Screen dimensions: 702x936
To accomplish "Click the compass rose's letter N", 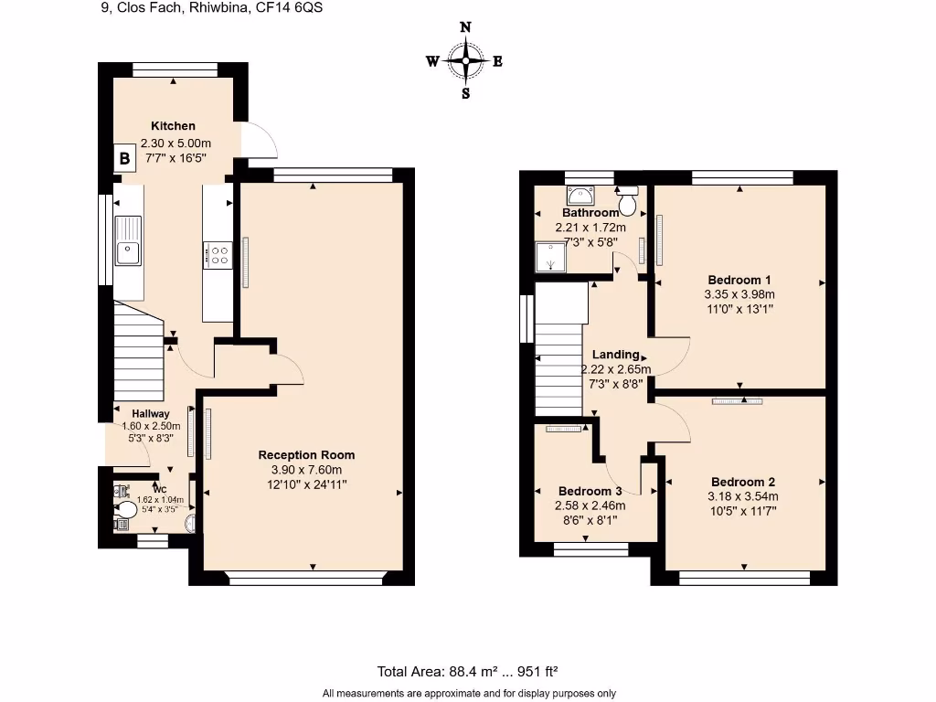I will [465, 28].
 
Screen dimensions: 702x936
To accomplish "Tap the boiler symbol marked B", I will [123, 158].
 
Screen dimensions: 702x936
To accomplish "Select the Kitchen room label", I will [173, 126].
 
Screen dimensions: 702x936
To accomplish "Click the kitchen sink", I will [128, 239].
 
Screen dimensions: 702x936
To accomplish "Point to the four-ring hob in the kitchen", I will [219, 253].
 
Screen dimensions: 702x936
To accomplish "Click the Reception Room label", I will [306, 455].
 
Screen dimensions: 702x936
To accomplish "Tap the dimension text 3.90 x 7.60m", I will [306, 470].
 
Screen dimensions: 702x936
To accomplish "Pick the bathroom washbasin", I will [580, 195].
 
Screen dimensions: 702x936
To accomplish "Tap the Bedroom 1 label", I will [739, 280].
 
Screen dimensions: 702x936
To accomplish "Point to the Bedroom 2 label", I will [743, 482].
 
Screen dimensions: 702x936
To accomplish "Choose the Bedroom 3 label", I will [590, 491].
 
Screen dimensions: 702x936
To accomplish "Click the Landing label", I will [615, 355].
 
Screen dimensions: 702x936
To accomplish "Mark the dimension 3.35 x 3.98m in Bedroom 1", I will [739, 294].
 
